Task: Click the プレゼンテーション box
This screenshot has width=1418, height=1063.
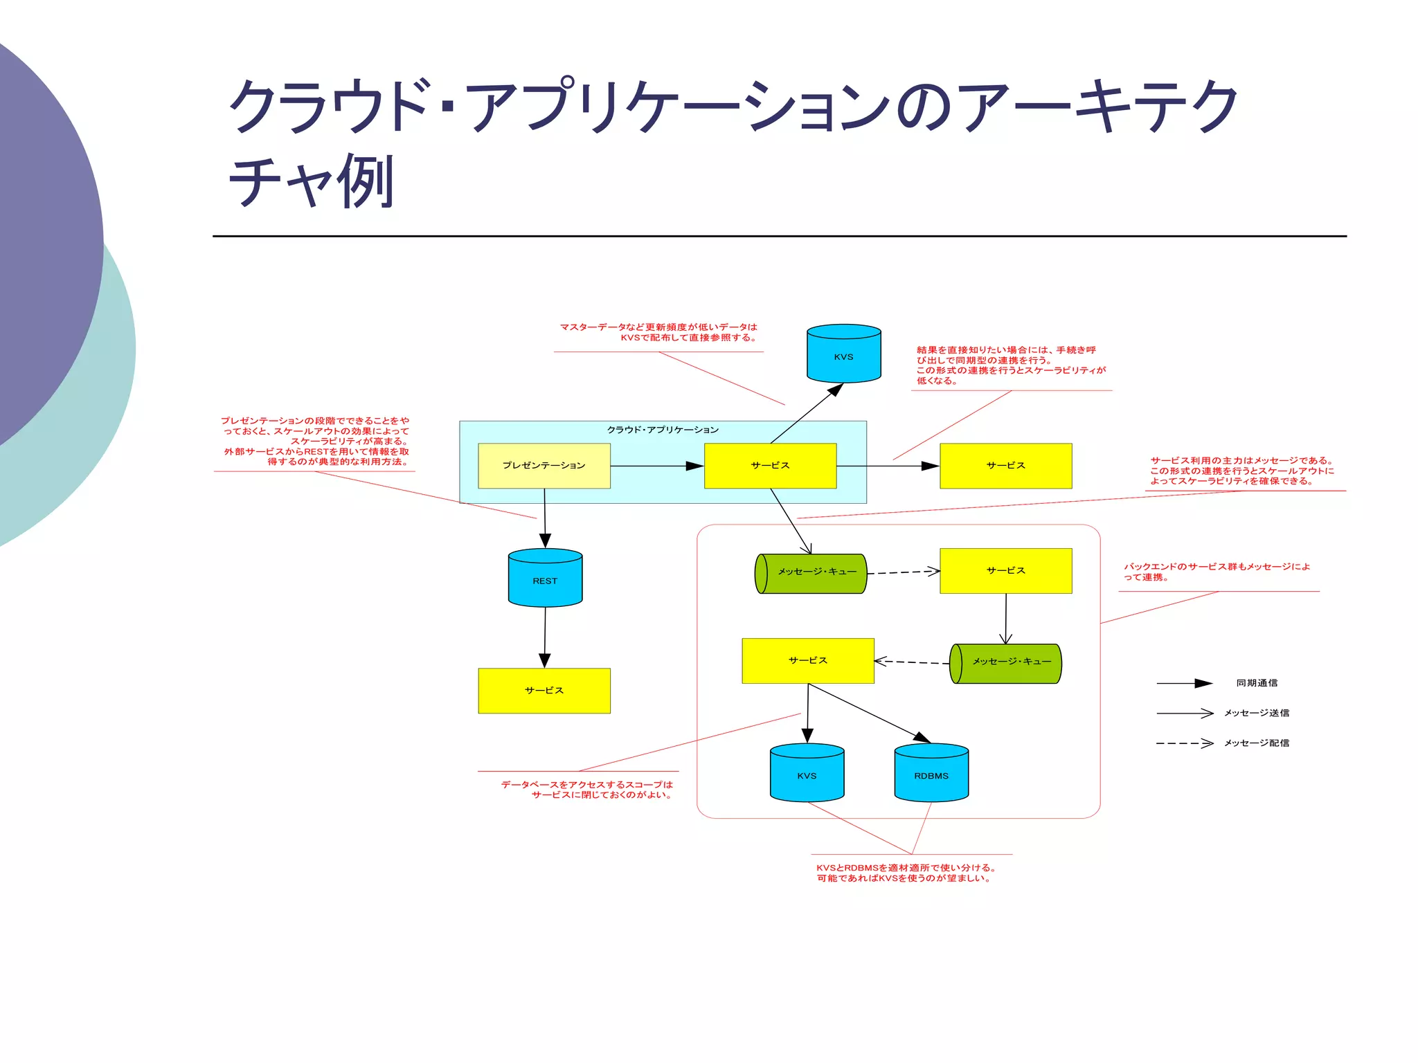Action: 544,466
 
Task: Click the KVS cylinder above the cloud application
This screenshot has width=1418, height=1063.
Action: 843,354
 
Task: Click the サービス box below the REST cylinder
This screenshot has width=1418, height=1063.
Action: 544,691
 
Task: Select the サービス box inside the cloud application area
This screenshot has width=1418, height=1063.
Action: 770,466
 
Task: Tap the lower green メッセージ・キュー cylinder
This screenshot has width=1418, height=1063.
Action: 1007,663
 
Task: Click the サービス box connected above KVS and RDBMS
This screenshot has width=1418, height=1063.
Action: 807,661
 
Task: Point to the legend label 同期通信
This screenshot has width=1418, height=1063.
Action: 1257,683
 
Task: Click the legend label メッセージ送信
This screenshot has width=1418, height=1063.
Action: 1256,713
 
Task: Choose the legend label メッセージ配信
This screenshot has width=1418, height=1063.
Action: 1256,743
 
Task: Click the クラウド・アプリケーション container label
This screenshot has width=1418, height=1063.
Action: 663,430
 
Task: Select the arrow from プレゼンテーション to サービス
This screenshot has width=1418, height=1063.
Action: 656,466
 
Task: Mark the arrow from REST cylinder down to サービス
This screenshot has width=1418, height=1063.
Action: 545,637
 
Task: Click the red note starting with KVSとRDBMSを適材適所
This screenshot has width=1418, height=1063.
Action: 906,873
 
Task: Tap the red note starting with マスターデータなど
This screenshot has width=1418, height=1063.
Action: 658,332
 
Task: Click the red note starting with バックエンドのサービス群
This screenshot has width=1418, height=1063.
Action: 1217,572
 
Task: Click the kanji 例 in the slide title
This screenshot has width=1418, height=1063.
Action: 366,182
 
